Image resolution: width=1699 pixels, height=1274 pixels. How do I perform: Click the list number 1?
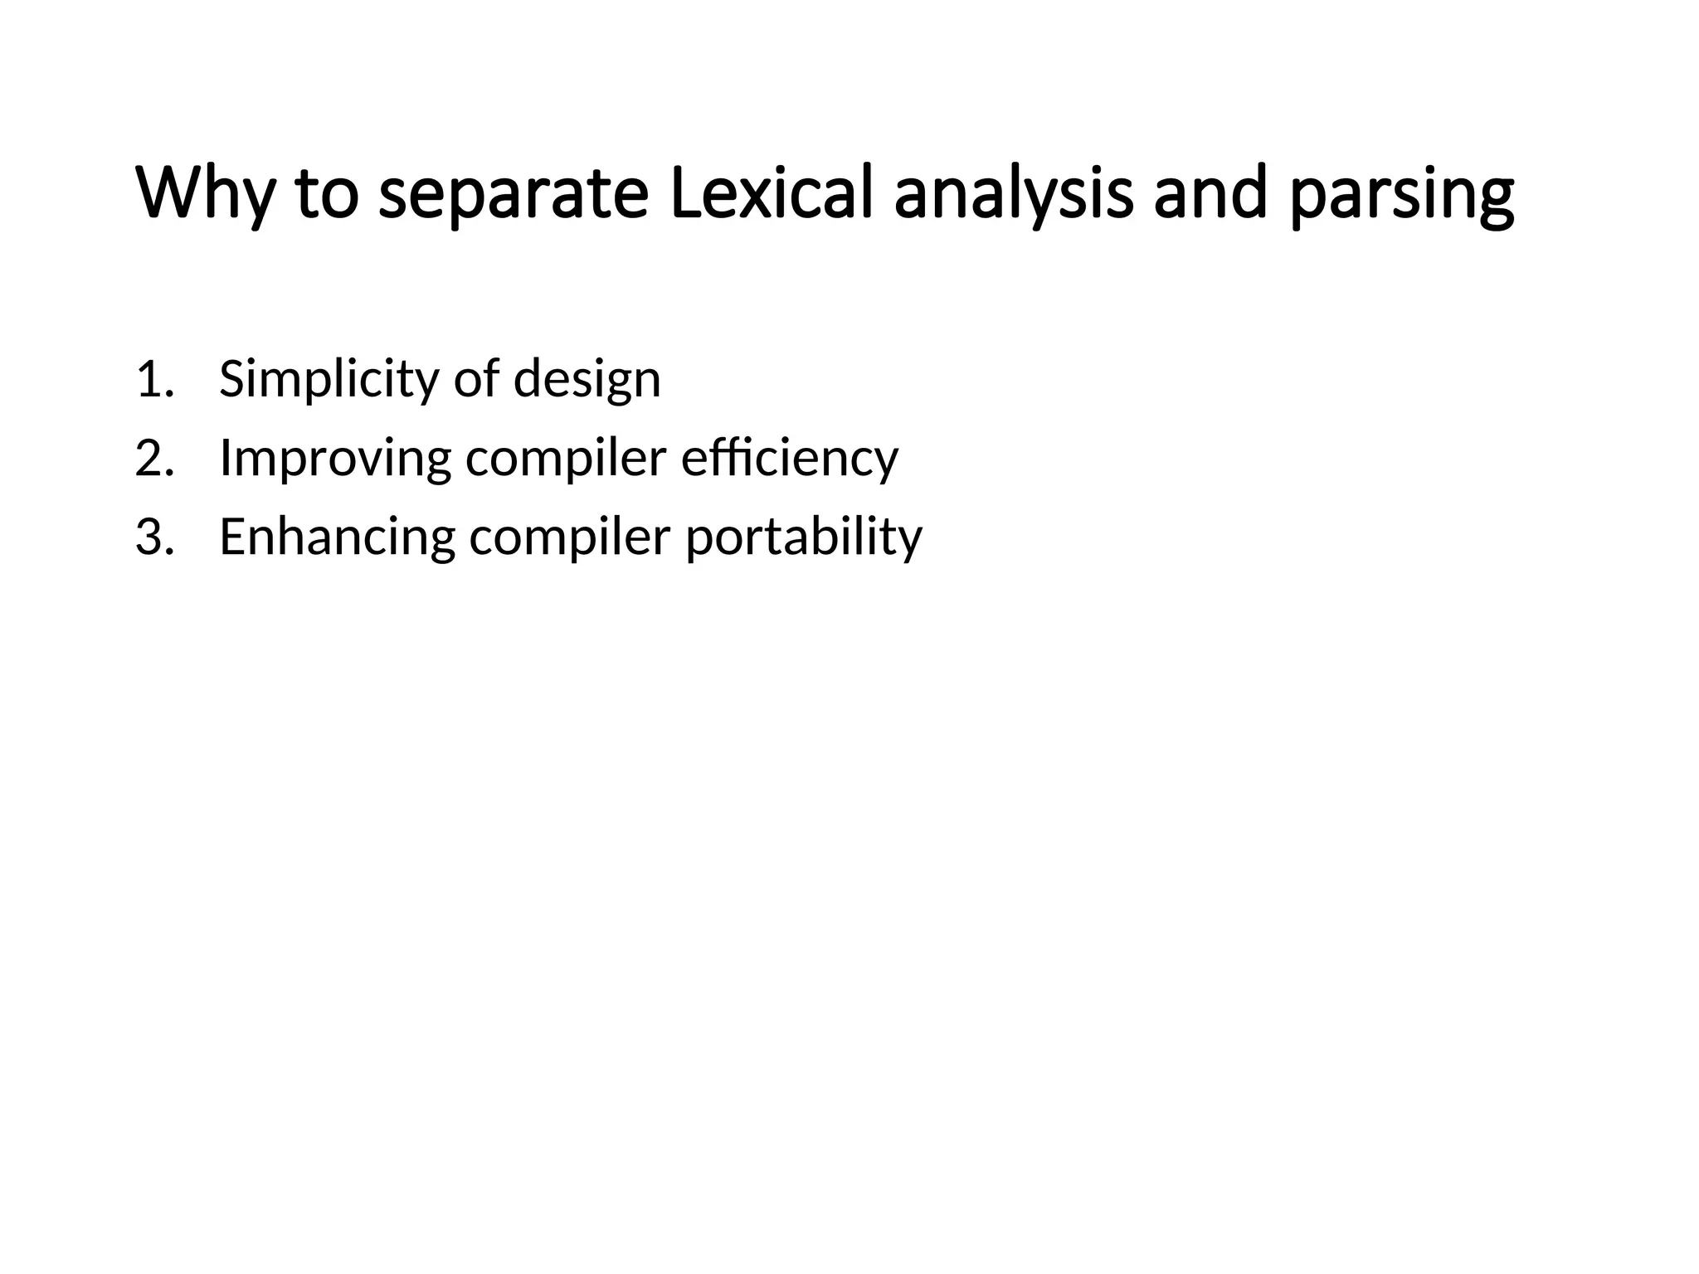coord(154,380)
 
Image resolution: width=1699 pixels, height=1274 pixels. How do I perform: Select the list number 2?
coord(154,458)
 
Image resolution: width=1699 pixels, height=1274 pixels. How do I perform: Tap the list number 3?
coord(154,537)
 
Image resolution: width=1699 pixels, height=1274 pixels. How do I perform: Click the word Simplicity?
coord(328,380)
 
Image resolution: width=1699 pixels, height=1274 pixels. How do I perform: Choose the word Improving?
coord(335,458)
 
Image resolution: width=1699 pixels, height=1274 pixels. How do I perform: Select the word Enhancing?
coord(337,537)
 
